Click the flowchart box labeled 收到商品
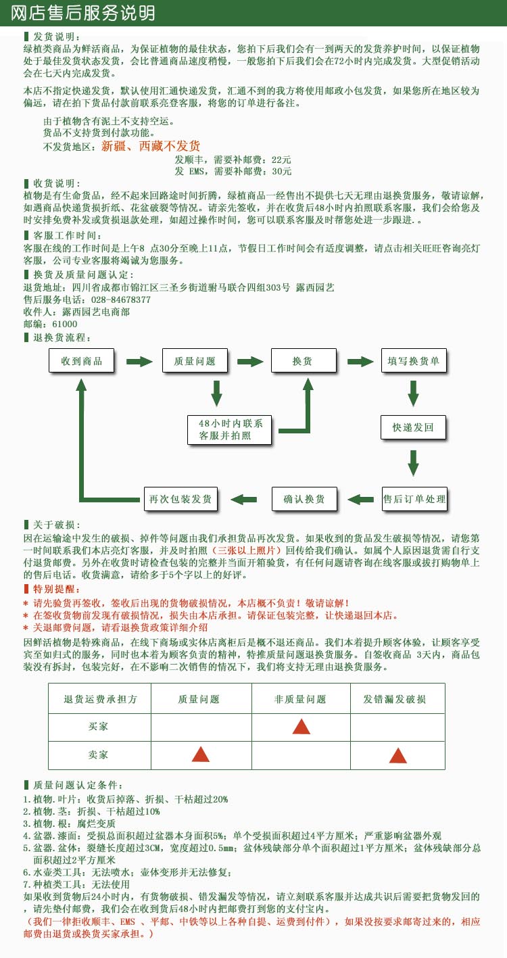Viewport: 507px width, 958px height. (x=82, y=360)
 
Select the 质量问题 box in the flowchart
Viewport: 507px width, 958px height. (x=195, y=360)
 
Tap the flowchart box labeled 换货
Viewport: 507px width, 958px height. (x=304, y=360)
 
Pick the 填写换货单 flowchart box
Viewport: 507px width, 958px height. (x=414, y=360)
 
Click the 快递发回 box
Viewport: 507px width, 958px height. (x=414, y=427)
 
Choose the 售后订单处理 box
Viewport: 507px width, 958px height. (x=414, y=499)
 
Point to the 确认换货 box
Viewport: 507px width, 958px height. (x=304, y=499)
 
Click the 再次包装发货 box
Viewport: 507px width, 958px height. (x=180, y=499)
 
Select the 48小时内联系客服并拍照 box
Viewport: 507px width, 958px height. (x=230, y=430)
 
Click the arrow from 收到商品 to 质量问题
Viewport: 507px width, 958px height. (x=139, y=362)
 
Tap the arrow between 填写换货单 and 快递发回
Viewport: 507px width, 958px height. (x=414, y=393)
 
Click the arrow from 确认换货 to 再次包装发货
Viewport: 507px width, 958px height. (x=243, y=499)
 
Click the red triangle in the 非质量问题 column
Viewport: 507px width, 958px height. (x=301, y=727)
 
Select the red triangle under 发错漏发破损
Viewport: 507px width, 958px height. (x=398, y=755)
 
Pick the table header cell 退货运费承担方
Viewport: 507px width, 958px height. (x=100, y=699)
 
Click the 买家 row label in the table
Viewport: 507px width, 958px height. (x=98, y=726)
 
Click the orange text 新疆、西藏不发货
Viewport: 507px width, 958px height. (x=151, y=146)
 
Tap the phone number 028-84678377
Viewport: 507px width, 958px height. (x=121, y=300)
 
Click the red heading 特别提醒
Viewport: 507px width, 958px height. (x=52, y=589)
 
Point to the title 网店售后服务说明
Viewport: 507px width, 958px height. (x=82, y=13)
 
